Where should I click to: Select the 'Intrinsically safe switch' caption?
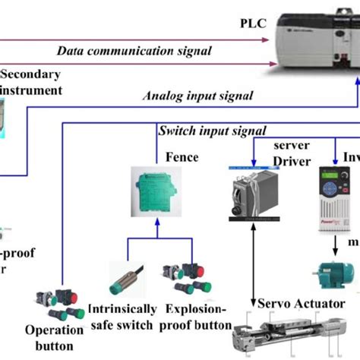122,317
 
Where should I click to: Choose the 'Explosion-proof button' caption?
196,317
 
